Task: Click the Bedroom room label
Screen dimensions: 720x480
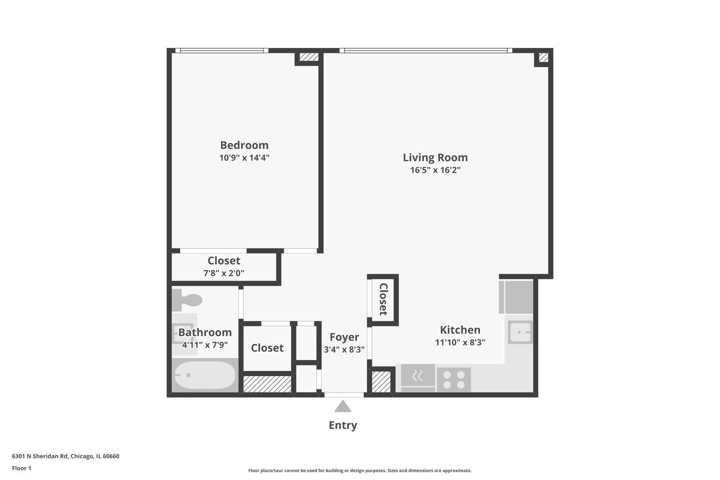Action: (x=244, y=145)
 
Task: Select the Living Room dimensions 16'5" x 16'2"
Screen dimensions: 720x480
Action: (x=435, y=170)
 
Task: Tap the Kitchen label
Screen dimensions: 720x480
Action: (x=460, y=330)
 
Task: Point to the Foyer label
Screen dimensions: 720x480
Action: (x=344, y=337)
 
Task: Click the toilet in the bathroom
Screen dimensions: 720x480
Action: (x=187, y=300)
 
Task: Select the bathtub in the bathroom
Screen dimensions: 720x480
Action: (x=205, y=375)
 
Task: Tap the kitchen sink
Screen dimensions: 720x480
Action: (x=520, y=332)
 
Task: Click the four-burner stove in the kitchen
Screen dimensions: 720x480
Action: (x=454, y=380)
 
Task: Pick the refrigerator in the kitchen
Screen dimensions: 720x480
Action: (x=516, y=297)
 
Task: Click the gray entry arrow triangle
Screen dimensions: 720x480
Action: (x=343, y=407)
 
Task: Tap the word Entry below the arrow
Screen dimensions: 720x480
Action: (x=343, y=425)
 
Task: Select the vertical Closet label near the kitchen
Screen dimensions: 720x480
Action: (x=383, y=299)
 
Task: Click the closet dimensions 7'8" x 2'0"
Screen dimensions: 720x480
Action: (x=224, y=273)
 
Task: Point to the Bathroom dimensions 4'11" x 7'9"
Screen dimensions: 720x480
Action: (x=205, y=345)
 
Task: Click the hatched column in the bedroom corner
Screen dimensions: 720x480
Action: (x=309, y=57)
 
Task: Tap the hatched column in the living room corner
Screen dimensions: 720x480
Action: (x=543, y=57)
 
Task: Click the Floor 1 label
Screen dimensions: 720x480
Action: (x=21, y=468)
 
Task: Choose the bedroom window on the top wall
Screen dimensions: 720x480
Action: (x=221, y=51)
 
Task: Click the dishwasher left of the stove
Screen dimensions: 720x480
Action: (x=418, y=378)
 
